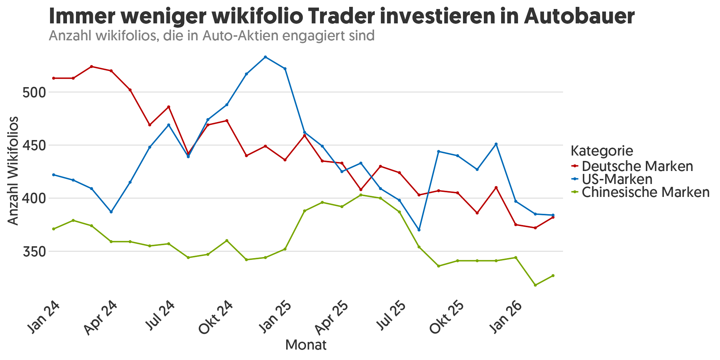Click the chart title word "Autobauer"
(579, 16)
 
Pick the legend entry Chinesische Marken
(645, 192)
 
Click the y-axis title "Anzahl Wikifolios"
(13, 171)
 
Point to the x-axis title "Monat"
(306, 345)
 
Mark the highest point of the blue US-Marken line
(265, 57)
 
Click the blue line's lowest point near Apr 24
(111, 212)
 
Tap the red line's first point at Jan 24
(54, 78)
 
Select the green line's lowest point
(535, 285)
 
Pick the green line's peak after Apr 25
(361, 195)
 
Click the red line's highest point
(91, 67)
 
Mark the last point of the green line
(553, 276)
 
